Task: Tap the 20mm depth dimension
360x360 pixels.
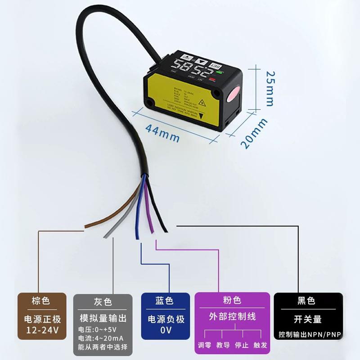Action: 254,133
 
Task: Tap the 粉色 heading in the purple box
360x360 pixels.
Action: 232,300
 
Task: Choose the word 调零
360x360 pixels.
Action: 205,346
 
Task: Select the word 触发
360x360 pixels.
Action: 260,346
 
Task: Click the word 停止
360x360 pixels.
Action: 242,346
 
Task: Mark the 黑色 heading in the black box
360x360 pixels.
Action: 306,301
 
